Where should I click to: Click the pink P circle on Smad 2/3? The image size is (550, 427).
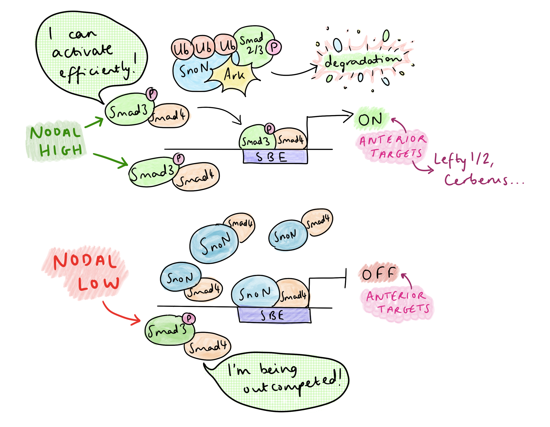pyautogui.click(x=274, y=47)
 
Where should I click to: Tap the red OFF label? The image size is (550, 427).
pyautogui.click(x=378, y=273)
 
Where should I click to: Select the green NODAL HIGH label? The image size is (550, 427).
pyautogui.click(x=56, y=141)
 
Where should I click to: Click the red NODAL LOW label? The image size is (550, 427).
pyautogui.click(x=86, y=272)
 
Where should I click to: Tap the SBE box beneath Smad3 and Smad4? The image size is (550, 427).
pyautogui.click(x=275, y=157)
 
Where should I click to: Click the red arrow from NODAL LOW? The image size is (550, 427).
pyautogui.click(x=118, y=315)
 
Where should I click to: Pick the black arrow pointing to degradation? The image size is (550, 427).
pyautogui.click(x=295, y=73)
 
